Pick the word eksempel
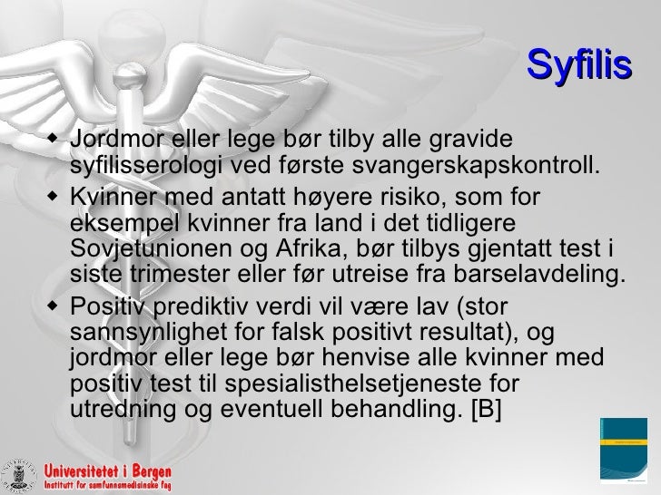coord(114,223)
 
